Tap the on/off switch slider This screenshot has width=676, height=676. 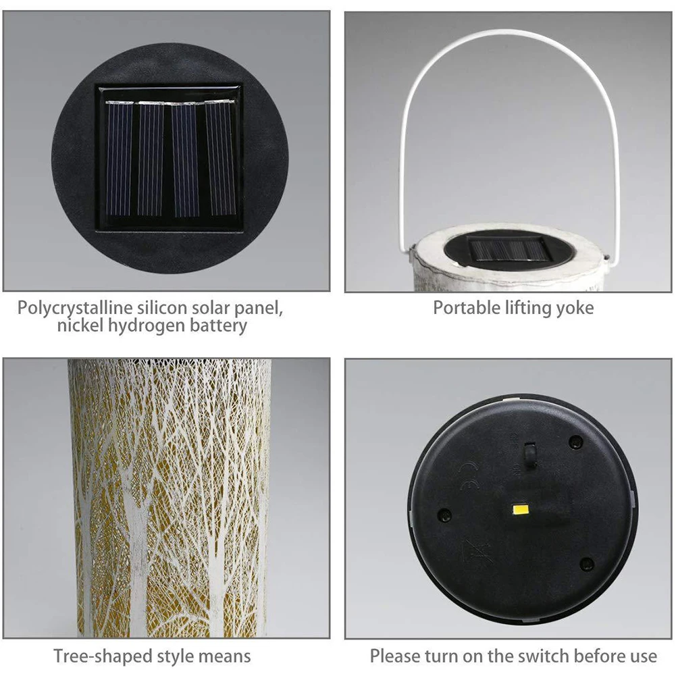pos(531,452)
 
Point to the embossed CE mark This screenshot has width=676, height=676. pos(465,475)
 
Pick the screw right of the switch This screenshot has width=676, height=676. pos(575,442)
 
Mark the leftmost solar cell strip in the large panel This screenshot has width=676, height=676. pos(119,159)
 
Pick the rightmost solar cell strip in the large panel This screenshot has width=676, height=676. pos(220,159)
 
